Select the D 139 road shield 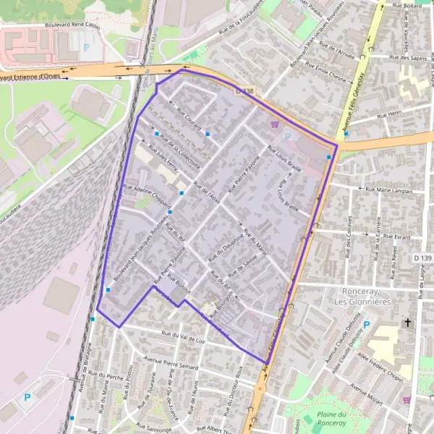(422, 258)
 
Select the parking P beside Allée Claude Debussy (367, 325)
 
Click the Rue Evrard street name (397, 237)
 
